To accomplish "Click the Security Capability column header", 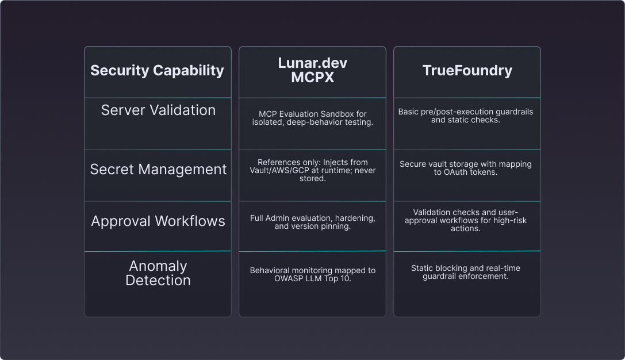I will coord(157,71).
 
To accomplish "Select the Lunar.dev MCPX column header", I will coord(312,70).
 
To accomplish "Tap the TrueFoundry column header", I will coord(467,71).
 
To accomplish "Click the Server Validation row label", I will coord(158,110).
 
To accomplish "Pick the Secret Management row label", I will coord(158,170).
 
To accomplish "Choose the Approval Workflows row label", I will coord(158,221).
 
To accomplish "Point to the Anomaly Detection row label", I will coord(158,273).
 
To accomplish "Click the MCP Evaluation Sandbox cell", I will coord(312,118).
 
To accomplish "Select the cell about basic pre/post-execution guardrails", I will coord(466,116).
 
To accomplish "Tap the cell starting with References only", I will coord(312,170).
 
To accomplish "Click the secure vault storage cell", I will coord(466,168).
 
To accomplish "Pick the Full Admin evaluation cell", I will coord(312,222).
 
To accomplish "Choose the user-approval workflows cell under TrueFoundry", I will coord(466,220).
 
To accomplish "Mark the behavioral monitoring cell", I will coord(312,274).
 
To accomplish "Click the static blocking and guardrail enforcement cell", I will coord(466,272).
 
